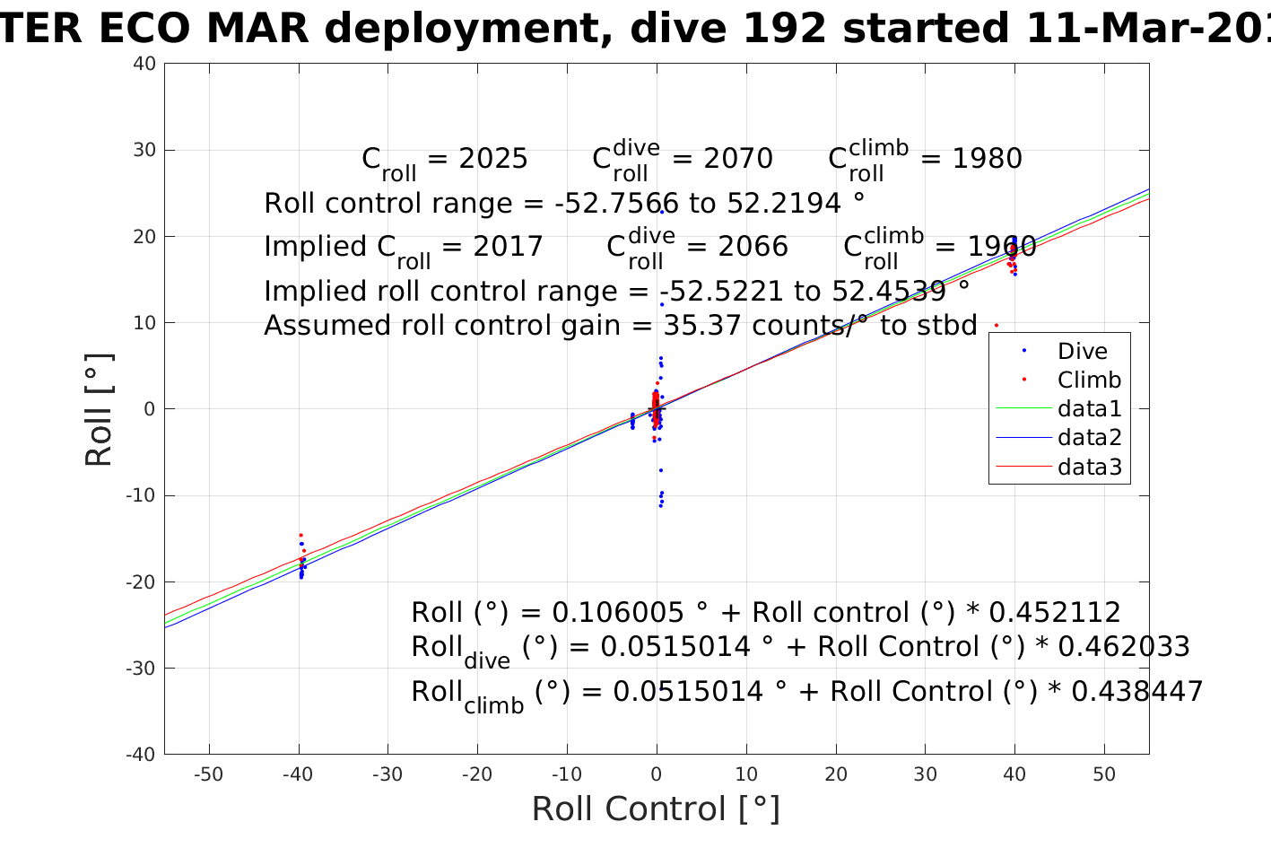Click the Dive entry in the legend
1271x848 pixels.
(x=1082, y=352)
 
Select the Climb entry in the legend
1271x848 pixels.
(x=1089, y=380)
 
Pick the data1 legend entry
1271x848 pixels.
(x=1089, y=409)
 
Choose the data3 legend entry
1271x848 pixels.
(x=1089, y=468)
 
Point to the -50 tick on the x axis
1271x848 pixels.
(x=208, y=774)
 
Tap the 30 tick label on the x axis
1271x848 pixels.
(x=925, y=774)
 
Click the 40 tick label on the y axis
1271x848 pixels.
(x=145, y=64)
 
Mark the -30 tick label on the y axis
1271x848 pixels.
(x=141, y=669)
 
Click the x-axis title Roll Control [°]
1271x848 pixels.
(x=656, y=809)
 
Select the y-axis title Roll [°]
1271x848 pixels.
(x=99, y=410)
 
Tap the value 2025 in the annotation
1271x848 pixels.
(x=493, y=159)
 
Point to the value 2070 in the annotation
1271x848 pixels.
(x=738, y=159)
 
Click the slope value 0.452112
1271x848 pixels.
(x=1055, y=613)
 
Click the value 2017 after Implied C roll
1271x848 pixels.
(x=509, y=247)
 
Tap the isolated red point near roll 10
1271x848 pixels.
(x=996, y=325)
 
